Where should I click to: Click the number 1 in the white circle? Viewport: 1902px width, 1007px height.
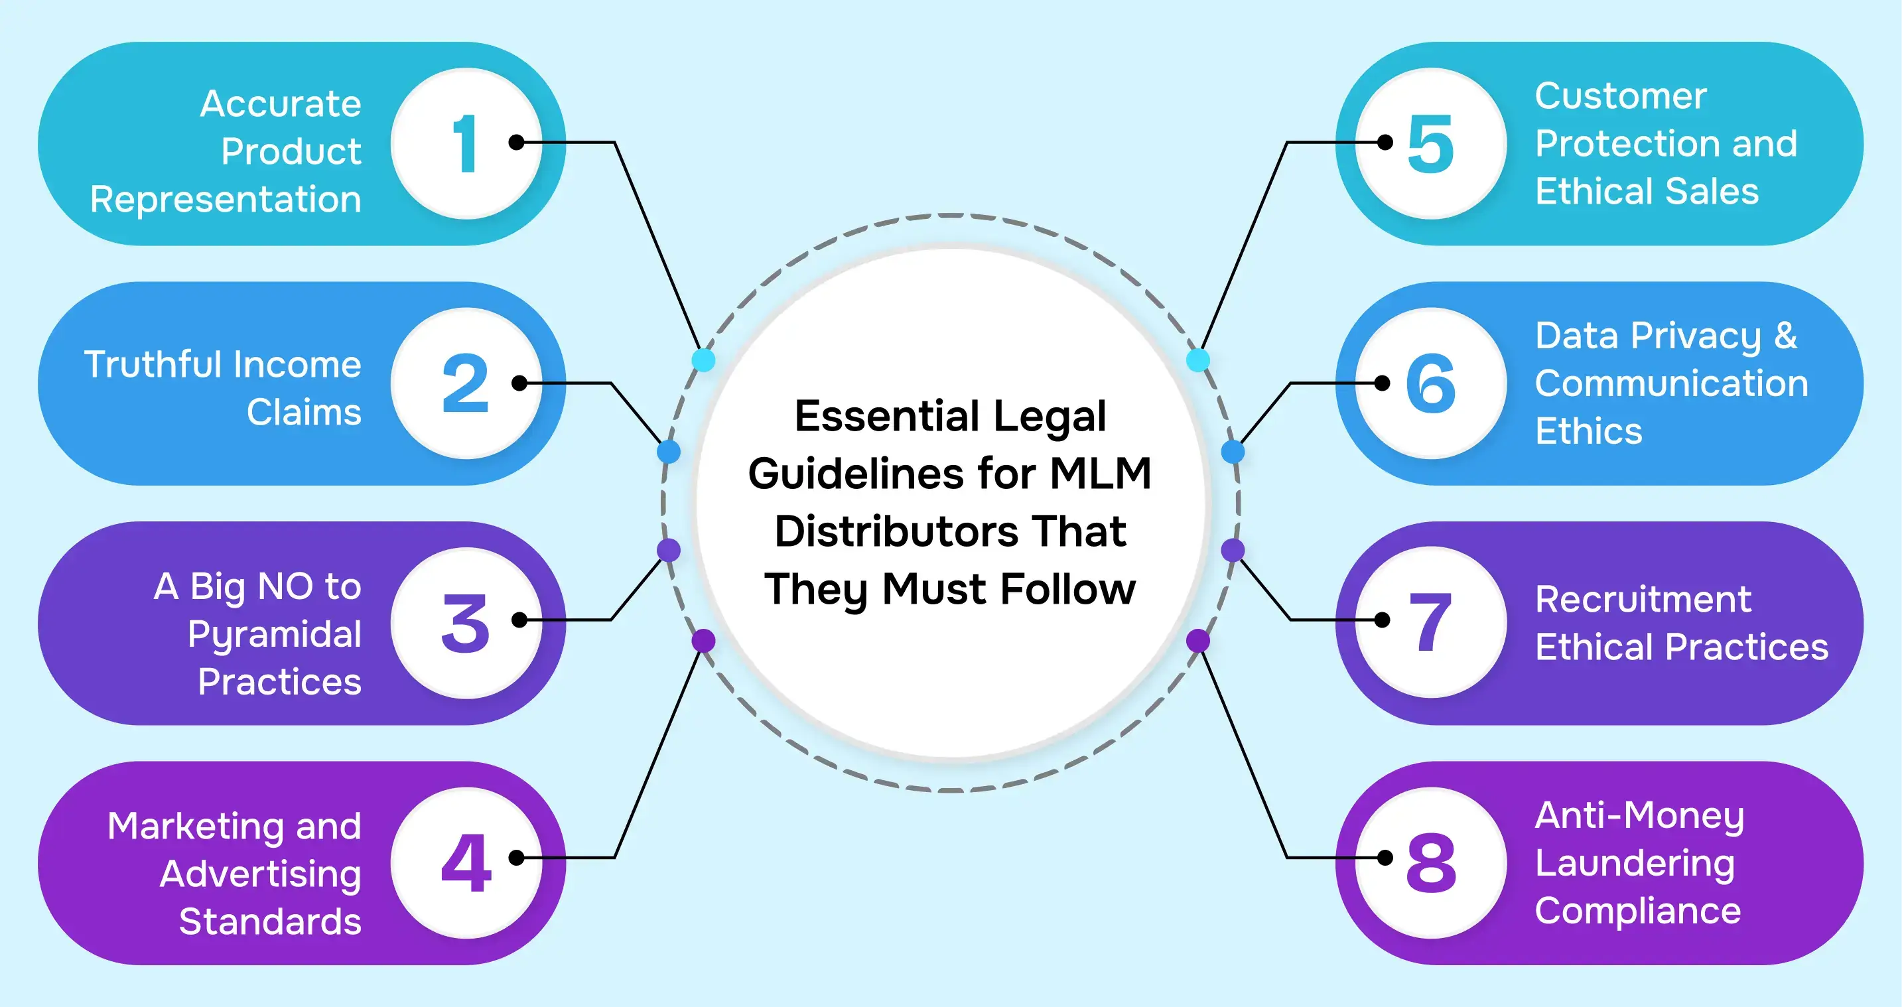(x=464, y=144)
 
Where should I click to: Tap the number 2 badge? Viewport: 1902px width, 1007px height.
(x=465, y=383)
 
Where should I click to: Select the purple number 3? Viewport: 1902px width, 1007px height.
(x=465, y=623)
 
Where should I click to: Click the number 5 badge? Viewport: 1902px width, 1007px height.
(x=1430, y=144)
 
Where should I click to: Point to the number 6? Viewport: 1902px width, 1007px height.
(x=1430, y=383)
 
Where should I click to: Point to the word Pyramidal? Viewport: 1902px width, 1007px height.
(x=274, y=634)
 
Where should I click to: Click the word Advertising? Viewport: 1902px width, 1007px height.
(x=261, y=874)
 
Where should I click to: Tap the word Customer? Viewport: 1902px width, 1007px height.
(x=1621, y=96)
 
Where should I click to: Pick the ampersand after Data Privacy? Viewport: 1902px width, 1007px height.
(x=1785, y=335)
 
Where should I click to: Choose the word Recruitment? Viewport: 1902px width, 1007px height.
(x=1643, y=599)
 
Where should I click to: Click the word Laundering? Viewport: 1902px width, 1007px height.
(x=1635, y=863)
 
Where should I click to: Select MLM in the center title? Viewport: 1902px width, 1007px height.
(x=1100, y=473)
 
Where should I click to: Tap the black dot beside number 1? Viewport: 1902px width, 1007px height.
(x=517, y=143)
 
